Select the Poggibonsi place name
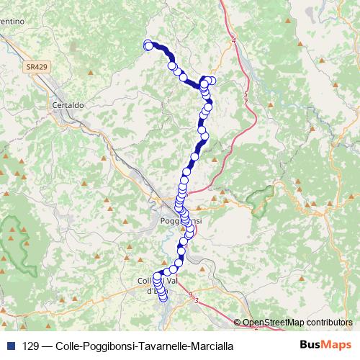180,221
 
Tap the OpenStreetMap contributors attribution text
298,322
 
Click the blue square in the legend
9,346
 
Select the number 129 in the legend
30,346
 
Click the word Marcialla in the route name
211,346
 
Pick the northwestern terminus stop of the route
148,45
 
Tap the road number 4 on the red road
234,41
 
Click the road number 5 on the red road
246,94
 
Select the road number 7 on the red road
246,102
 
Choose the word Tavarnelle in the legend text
158,346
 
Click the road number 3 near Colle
197,300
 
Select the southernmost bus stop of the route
163,297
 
